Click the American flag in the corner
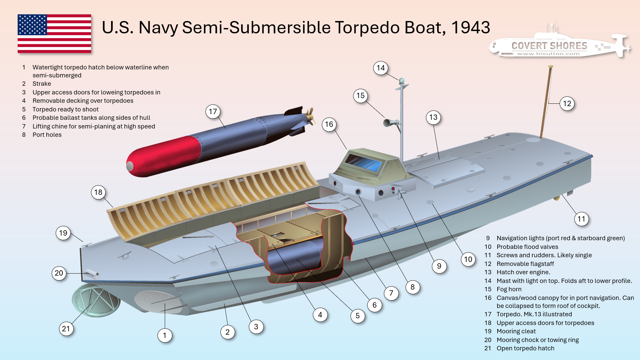[54, 33]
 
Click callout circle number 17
[213, 111]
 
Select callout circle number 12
[567, 103]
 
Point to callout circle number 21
[66, 329]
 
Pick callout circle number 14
[381, 68]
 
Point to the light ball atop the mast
[402, 81]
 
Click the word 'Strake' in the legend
[42, 84]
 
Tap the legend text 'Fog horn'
[509, 289]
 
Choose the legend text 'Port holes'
[47, 135]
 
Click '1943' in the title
[471, 28]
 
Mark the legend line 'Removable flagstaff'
[525, 264]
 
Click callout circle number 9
[439, 266]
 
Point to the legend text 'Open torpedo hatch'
[525, 348]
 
